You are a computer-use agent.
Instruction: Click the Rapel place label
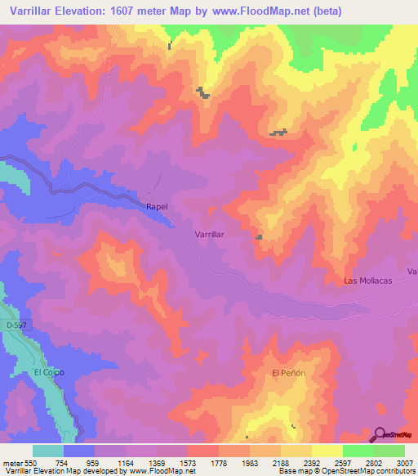pos(157,207)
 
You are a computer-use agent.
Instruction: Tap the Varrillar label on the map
pos(210,234)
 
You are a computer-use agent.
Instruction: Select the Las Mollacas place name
pos(368,281)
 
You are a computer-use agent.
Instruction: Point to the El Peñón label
pos(288,373)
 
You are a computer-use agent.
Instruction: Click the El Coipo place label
pos(49,372)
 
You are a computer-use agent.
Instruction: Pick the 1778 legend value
pos(218,462)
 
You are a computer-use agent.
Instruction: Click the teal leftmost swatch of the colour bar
pos(48,451)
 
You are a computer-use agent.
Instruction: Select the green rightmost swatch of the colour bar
pos(389,451)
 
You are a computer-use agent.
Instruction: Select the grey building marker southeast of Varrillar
pos(260,237)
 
